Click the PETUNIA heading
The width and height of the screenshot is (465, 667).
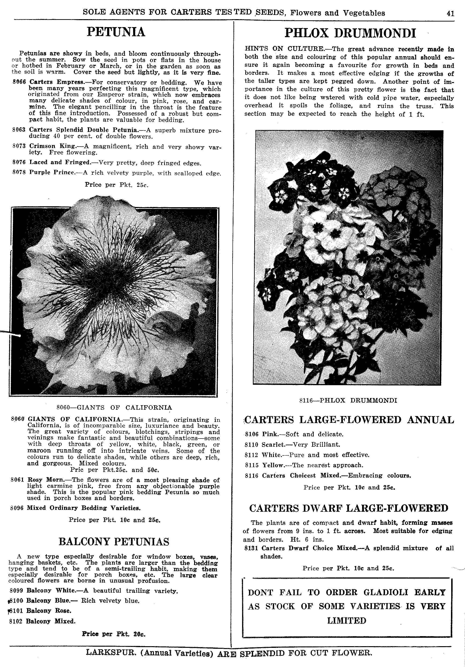click(x=116, y=32)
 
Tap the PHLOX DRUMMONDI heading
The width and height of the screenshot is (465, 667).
click(x=350, y=33)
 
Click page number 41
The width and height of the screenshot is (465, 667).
click(x=450, y=13)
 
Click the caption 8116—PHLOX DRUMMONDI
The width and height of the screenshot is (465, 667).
click(x=348, y=400)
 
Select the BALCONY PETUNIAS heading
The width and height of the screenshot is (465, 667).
click(x=114, y=542)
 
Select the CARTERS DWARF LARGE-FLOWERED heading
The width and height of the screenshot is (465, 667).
click(x=349, y=508)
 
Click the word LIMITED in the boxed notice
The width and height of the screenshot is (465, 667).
click(x=347, y=620)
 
